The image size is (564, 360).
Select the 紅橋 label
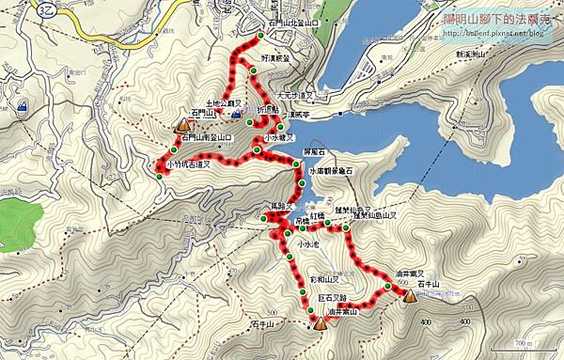pyautogui.click(x=317, y=215)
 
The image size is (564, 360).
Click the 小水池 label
pyautogui.click(x=308, y=244)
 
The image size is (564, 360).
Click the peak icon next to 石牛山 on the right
pyautogui.click(x=410, y=296)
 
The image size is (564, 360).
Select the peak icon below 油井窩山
pyautogui.click(x=320, y=324)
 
